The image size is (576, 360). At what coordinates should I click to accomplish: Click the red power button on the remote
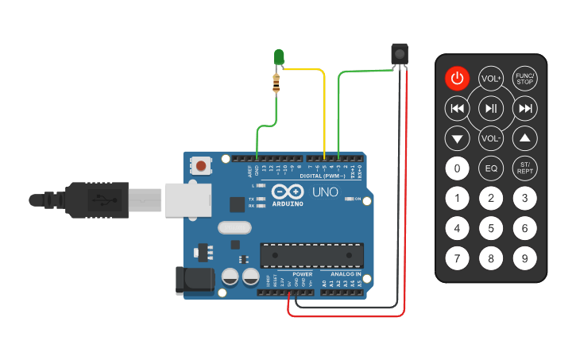pos(457,78)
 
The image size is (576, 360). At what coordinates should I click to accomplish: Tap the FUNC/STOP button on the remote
pos(524,78)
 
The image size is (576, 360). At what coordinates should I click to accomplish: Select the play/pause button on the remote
pos(491,108)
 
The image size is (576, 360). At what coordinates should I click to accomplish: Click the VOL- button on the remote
pos(491,138)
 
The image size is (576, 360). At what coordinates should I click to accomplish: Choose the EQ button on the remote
pos(491,168)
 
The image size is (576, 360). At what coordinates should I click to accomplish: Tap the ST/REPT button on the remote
pos(524,168)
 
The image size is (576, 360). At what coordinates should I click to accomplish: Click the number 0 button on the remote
pos(457,168)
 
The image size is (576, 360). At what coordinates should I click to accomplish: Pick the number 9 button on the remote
pos(524,258)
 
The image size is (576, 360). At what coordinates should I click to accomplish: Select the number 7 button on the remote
pos(457,258)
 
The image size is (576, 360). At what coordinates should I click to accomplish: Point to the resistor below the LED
pos(276,82)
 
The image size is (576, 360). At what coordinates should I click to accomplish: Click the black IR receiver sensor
pos(400,53)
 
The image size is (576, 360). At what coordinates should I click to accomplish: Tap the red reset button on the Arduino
pos(203,166)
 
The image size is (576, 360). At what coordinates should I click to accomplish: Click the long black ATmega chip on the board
pos(312,255)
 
